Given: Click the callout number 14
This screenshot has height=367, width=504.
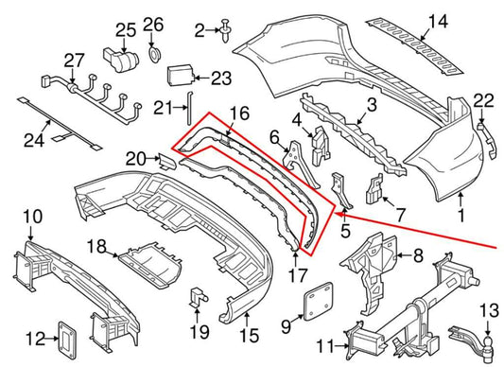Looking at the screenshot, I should (x=437, y=22).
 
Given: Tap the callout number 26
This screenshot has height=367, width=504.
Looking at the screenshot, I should (x=153, y=23).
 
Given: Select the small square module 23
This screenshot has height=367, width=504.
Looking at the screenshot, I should (x=181, y=75).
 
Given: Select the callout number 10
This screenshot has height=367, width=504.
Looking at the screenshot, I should (x=32, y=218).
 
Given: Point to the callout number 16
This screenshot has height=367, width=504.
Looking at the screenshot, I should (x=240, y=114).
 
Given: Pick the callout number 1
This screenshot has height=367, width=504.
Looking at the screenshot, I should (x=461, y=197).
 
